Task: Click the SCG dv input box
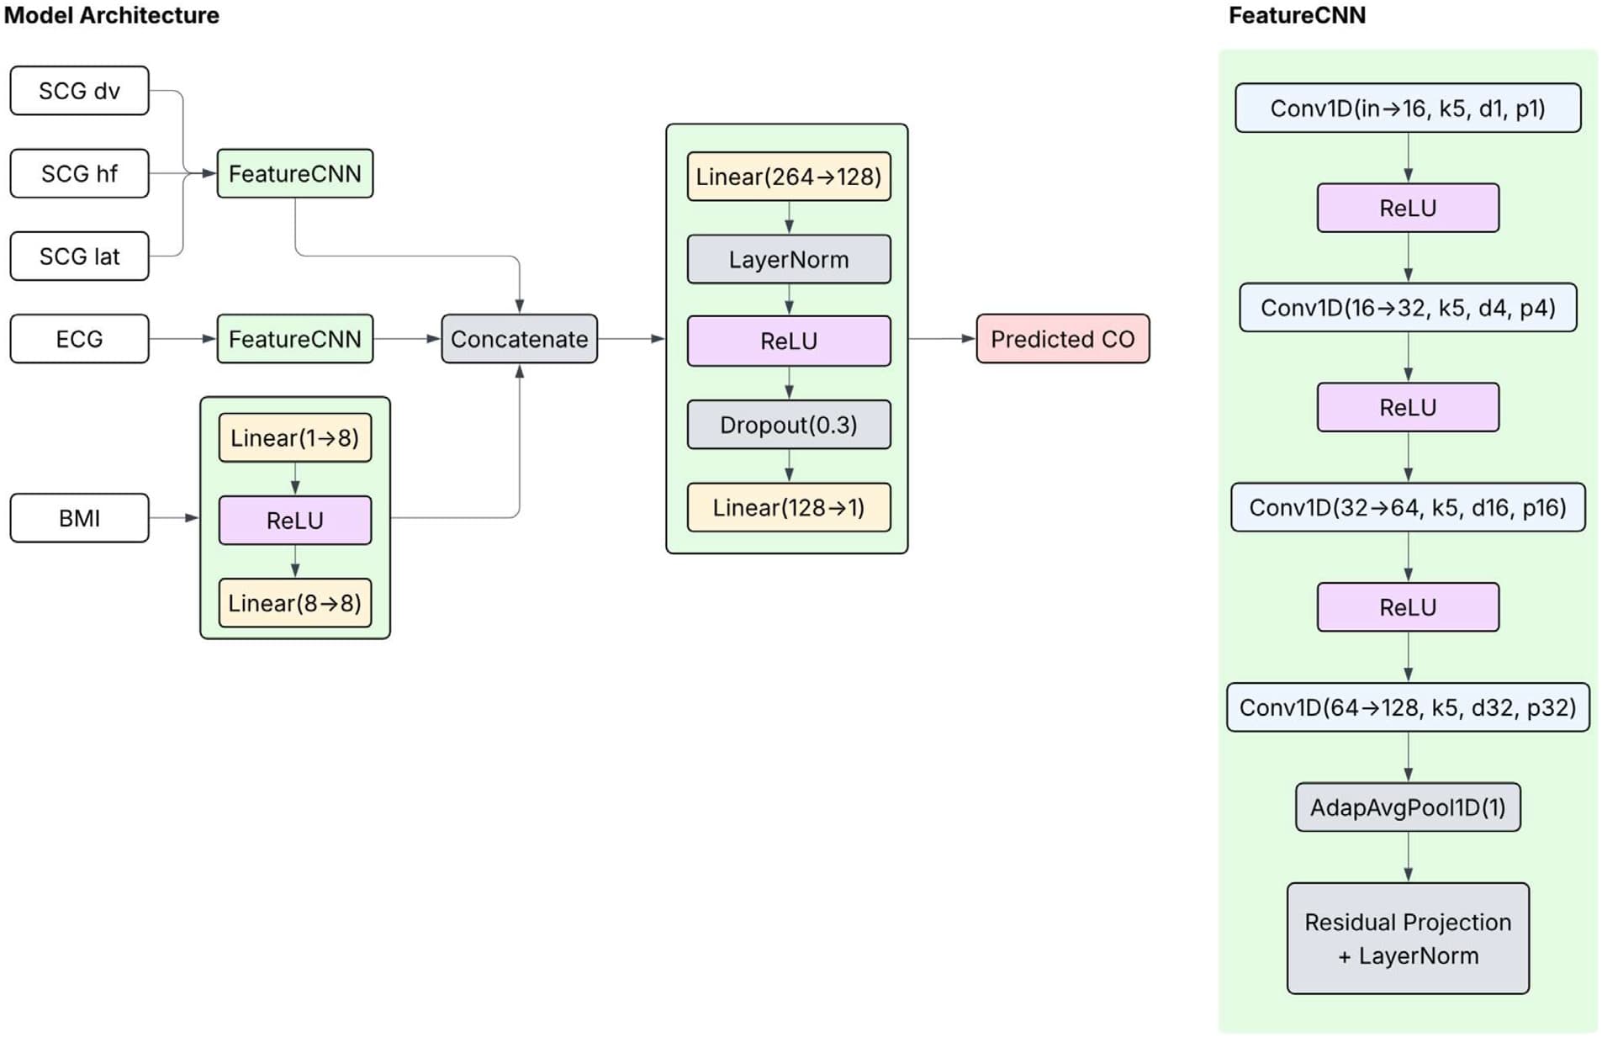tap(79, 91)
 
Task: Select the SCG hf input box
tap(79, 173)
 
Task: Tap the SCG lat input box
tap(79, 256)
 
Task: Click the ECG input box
tap(79, 339)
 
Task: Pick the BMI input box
tap(79, 518)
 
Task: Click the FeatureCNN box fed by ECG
tap(294, 339)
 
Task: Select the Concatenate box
tap(519, 339)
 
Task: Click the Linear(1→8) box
tap(294, 437)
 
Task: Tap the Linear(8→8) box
tap(294, 603)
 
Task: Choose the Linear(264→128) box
tap(788, 177)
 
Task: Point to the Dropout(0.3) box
tap(788, 425)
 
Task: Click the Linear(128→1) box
tap(788, 507)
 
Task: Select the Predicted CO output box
tap(1062, 339)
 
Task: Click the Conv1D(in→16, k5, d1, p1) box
tap(1407, 108)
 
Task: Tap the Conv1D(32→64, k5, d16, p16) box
tap(1407, 507)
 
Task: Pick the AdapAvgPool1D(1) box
tap(1407, 807)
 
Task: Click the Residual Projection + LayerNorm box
tap(1407, 938)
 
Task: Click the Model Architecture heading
tap(111, 15)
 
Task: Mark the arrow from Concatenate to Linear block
tap(631, 339)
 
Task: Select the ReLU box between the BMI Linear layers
tap(294, 520)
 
